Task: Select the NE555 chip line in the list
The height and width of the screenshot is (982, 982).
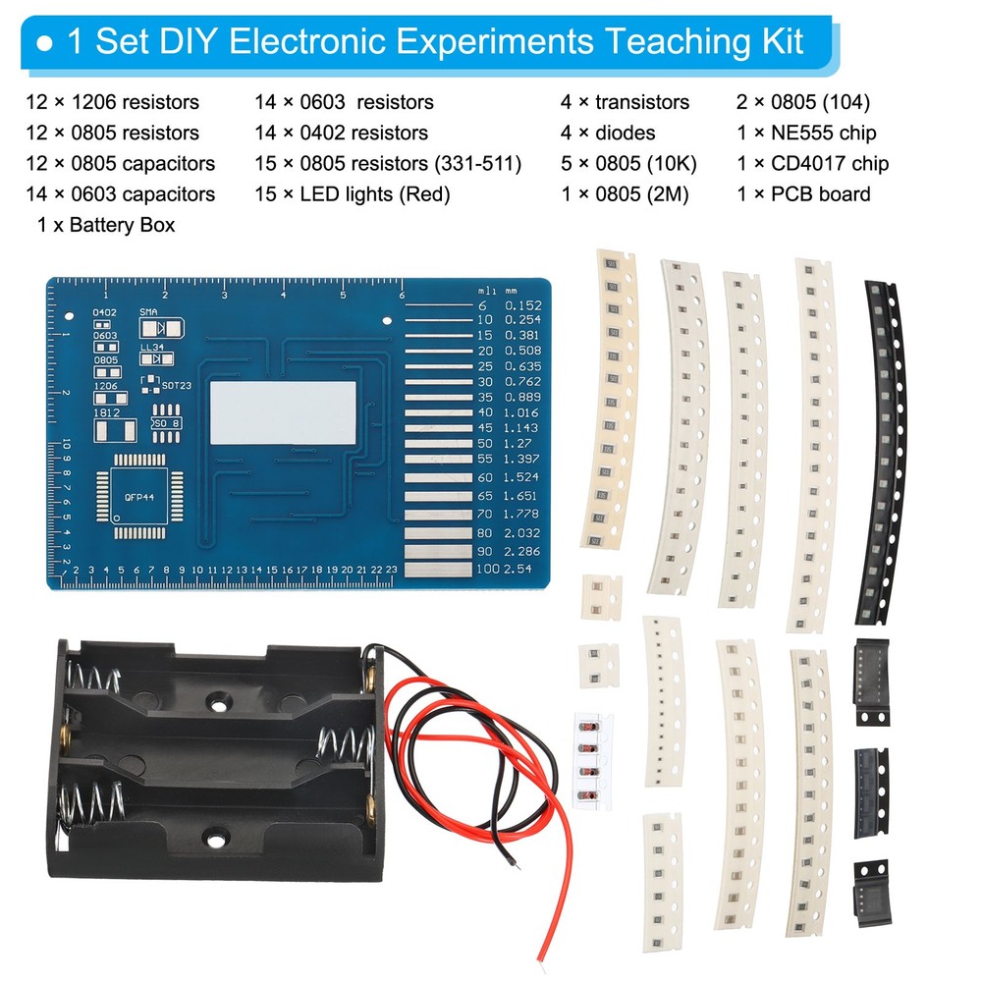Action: click(806, 133)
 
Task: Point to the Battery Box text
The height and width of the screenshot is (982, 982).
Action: click(105, 225)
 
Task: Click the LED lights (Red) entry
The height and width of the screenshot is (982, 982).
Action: click(352, 194)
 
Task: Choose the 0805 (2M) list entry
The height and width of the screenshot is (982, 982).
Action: click(625, 194)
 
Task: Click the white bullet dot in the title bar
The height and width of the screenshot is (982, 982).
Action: click(44, 44)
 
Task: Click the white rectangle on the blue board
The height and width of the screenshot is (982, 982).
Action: click(284, 409)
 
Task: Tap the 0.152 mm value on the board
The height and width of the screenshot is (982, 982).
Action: click(521, 305)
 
